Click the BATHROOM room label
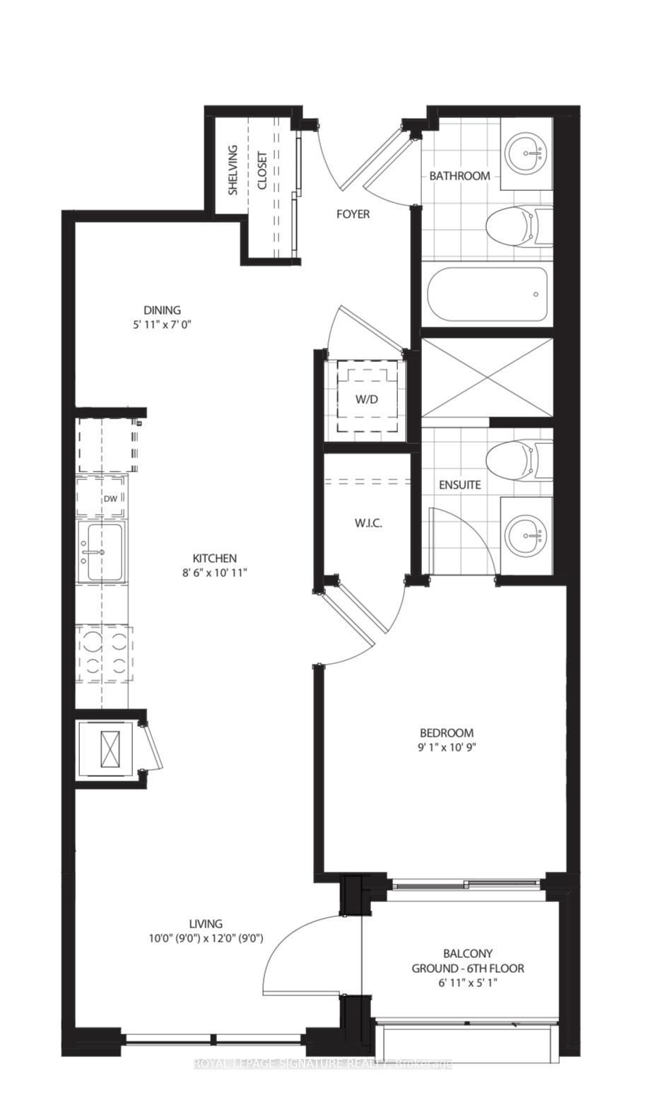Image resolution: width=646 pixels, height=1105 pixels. (459, 175)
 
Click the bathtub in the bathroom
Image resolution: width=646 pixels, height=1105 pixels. (488, 294)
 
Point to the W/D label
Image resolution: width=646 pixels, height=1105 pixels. (367, 399)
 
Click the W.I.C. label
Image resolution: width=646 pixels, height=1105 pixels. (368, 523)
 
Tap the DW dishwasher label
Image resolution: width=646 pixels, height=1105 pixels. (111, 498)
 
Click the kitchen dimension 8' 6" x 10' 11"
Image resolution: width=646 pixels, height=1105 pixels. (215, 573)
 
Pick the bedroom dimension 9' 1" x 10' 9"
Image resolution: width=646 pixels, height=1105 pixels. (446, 747)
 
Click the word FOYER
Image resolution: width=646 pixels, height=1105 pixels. (353, 214)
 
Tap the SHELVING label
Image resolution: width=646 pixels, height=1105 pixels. (233, 170)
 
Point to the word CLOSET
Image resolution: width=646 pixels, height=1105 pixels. (262, 170)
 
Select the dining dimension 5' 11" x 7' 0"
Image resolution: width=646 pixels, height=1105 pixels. (163, 325)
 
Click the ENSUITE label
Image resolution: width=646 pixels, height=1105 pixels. (460, 485)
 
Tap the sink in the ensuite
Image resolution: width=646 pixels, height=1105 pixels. (527, 534)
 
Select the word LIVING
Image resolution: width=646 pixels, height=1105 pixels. (205, 923)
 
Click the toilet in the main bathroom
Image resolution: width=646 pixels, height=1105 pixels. (519, 227)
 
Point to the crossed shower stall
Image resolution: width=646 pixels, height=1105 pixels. (487, 378)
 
